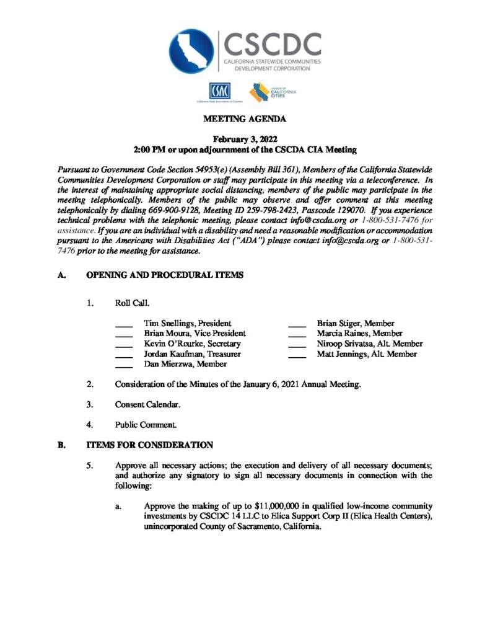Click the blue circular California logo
coord(192,50)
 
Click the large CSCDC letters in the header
coord(273,43)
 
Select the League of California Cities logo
coord(273,92)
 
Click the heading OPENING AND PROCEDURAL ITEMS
coord(164,275)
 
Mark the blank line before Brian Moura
coord(124,335)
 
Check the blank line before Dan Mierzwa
coord(124,366)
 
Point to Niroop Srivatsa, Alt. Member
coord(370,344)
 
